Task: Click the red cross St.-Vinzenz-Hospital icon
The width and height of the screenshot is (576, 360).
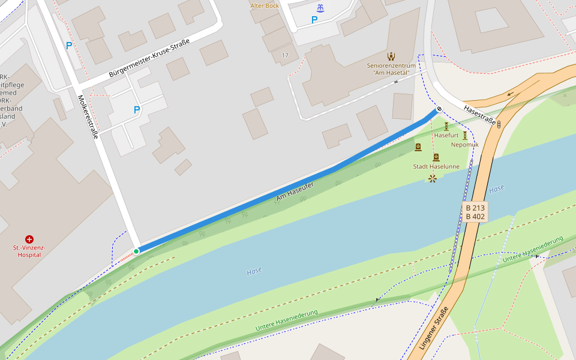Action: coord(29,239)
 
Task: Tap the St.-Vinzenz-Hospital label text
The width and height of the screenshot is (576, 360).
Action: coord(29,251)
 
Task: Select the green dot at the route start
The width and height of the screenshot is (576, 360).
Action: coord(137,251)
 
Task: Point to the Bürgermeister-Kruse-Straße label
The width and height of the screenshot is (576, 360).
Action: coord(149,58)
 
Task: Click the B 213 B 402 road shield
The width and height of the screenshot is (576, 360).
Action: coord(475,212)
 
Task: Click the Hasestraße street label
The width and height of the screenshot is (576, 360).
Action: coord(480,115)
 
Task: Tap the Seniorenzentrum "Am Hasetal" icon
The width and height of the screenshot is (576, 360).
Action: coord(391,56)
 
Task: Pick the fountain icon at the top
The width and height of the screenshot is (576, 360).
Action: coord(321,8)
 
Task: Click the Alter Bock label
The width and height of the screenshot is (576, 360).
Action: coord(265,6)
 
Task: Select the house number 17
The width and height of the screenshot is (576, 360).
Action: coord(284,55)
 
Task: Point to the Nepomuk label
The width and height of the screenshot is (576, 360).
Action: coord(464,145)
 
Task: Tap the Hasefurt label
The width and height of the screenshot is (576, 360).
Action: coord(446,136)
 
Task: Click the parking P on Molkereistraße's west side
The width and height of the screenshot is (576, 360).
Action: coord(69,45)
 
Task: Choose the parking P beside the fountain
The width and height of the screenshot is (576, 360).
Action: coord(314,20)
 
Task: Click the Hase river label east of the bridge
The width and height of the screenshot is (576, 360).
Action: coord(497,189)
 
